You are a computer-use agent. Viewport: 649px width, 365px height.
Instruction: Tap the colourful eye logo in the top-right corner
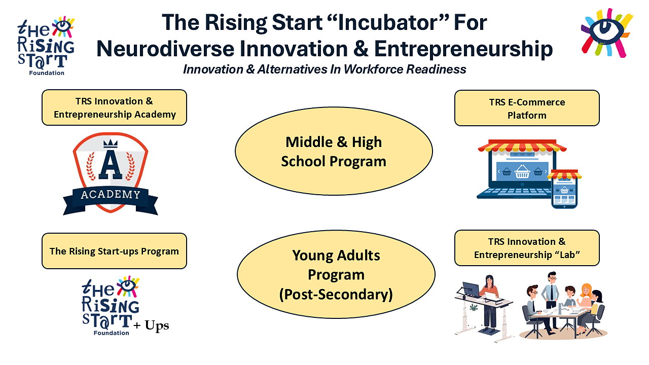(607, 32)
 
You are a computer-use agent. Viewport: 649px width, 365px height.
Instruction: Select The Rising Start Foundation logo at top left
(46, 46)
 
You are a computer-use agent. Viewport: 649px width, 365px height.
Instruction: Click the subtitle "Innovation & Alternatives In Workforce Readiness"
(324, 69)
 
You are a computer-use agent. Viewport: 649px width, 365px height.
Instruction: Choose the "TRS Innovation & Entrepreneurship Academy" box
(114, 107)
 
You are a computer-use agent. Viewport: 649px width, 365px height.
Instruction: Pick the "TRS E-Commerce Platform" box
(527, 108)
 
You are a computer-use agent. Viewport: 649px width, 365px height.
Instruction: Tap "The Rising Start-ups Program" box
(114, 251)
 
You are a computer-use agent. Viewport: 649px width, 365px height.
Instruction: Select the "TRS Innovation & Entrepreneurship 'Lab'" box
(527, 248)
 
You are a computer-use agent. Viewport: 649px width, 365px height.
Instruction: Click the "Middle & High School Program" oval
(334, 151)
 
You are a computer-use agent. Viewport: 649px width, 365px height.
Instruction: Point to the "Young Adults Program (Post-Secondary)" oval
(336, 274)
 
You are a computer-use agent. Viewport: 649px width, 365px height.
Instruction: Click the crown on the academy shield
(111, 143)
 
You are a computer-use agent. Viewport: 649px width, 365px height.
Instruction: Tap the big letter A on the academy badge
(111, 164)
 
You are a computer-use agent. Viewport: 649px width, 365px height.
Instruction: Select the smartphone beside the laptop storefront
(564, 189)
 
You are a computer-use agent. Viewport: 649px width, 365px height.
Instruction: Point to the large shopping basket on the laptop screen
(522, 171)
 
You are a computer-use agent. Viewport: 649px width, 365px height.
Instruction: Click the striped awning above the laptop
(522, 145)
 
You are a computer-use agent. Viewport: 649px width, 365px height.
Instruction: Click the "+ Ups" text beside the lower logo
(151, 325)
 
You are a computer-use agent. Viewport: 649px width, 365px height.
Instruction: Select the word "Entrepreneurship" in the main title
(463, 49)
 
